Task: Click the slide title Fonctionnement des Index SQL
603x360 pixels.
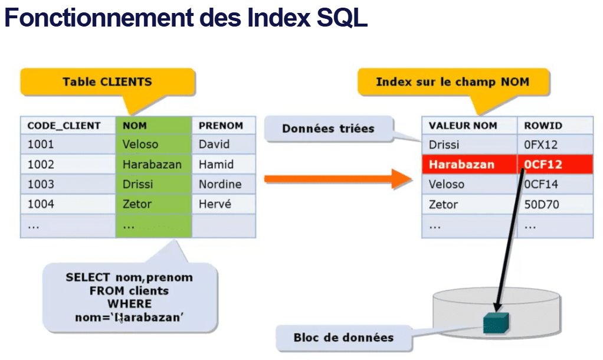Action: [x=186, y=17]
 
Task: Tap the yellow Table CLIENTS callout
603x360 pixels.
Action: [x=107, y=82]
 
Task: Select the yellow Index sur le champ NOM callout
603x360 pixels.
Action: [x=453, y=82]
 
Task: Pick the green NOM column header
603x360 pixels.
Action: [x=153, y=125]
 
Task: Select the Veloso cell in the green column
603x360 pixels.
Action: [x=153, y=144]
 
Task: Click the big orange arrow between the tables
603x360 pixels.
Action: [x=338, y=179]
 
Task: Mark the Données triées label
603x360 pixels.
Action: [x=329, y=129]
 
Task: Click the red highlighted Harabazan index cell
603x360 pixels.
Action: [x=470, y=164]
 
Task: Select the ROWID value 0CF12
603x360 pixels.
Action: [x=543, y=164]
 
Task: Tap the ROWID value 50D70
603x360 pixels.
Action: [x=542, y=204]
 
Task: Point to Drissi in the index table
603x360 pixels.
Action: [x=444, y=145]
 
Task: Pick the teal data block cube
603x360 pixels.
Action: [x=496, y=323]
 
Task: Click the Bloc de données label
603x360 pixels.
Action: [x=344, y=338]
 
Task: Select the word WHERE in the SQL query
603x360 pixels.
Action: [x=130, y=304]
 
